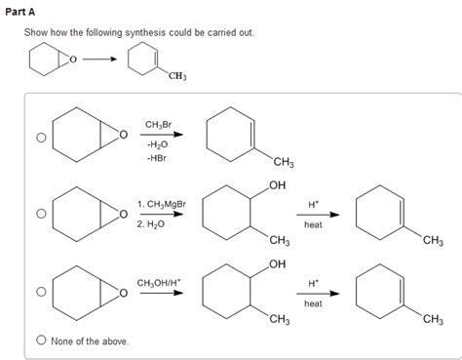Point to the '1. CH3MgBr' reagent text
tap(161, 205)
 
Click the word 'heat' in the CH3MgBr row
tap(313, 224)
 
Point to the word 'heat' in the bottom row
tap(313, 303)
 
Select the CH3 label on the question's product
tap(177, 76)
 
